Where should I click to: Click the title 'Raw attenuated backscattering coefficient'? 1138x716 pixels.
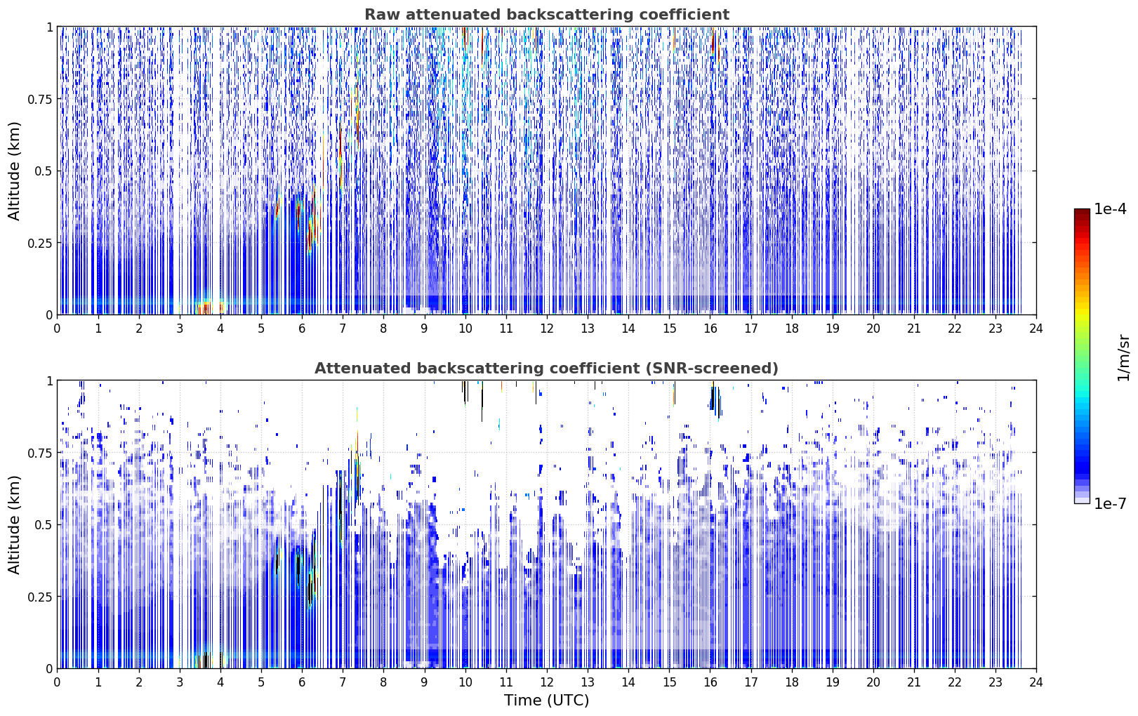pyautogui.click(x=547, y=14)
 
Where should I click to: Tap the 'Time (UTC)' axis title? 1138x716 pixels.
pyautogui.click(x=547, y=701)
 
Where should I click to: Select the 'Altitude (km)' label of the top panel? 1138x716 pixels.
pyautogui.click(x=14, y=171)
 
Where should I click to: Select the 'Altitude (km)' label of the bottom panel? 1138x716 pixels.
pyautogui.click(x=14, y=525)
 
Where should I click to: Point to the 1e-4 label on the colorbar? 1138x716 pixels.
pyautogui.click(x=1110, y=208)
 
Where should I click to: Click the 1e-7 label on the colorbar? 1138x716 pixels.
pyautogui.click(x=1110, y=504)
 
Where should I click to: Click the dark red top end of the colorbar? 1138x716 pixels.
pyautogui.click(x=1082, y=211)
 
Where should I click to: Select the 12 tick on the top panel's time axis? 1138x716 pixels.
pyautogui.click(x=547, y=329)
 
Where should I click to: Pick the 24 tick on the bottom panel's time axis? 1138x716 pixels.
pyautogui.click(x=1036, y=682)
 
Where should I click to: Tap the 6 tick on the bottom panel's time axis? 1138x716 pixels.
pyautogui.click(x=302, y=682)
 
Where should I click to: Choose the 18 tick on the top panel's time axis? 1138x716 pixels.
pyautogui.click(x=791, y=329)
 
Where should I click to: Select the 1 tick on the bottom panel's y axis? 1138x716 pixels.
pyautogui.click(x=49, y=381)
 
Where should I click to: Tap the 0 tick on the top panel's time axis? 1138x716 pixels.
pyautogui.click(x=57, y=329)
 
